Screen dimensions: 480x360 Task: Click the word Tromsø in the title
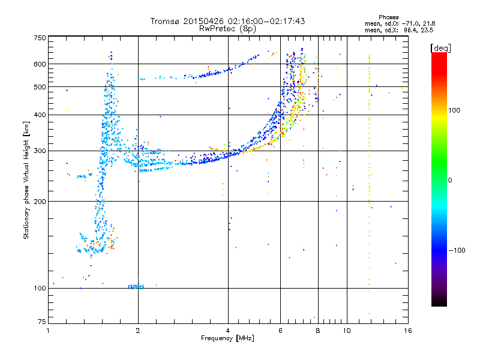tap(166, 21)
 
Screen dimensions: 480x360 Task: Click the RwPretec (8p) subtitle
tap(227, 29)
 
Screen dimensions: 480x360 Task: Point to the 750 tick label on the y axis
tap(40, 38)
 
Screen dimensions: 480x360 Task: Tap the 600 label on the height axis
tap(40, 64)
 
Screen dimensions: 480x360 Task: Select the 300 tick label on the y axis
tap(40, 151)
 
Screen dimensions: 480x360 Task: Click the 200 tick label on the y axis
tap(40, 202)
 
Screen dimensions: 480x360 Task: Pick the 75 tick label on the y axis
tap(41, 322)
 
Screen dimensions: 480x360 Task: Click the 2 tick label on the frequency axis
tap(138, 331)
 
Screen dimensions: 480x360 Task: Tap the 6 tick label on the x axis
tap(280, 331)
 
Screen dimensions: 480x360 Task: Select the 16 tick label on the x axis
tap(408, 331)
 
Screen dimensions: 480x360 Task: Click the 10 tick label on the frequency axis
tap(347, 331)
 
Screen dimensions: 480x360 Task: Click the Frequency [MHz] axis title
tap(227, 338)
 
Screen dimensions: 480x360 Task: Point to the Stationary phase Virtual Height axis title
tap(26, 180)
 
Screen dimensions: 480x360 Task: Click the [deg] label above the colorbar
tap(440, 48)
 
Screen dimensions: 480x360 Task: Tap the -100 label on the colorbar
tap(457, 250)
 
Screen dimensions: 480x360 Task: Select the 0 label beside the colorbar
tap(450, 181)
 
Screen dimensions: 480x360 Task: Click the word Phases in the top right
tap(388, 17)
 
